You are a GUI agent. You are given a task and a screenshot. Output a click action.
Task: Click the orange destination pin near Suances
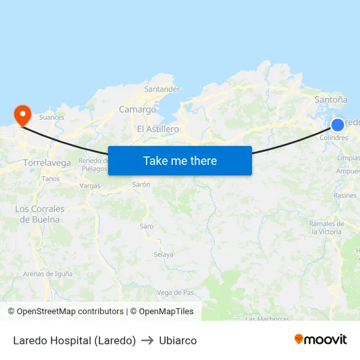coord(23,115)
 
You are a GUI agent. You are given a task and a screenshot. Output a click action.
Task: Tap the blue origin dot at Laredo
coord(337,125)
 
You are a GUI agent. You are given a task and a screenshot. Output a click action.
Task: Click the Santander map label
coord(162,89)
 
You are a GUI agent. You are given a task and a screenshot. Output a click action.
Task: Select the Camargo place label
coord(137,110)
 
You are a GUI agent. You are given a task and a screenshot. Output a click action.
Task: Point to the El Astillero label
coord(158,129)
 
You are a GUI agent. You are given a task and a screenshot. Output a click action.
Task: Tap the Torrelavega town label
coord(46,162)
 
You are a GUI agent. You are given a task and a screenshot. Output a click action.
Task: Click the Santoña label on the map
coord(331,99)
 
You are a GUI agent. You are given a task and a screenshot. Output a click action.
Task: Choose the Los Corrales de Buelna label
coord(40,214)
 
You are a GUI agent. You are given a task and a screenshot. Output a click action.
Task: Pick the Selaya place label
coord(163,255)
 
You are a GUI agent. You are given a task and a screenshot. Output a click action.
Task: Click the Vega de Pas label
coord(175,292)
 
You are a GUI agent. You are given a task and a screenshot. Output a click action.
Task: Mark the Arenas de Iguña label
coord(48,274)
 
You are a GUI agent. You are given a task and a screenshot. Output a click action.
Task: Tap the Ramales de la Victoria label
coord(326,228)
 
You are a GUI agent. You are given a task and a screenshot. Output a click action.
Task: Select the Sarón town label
coord(141,185)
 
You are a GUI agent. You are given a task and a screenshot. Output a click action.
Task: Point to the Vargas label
coord(90,186)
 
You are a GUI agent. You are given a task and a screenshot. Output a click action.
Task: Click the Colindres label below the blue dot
coord(334,138)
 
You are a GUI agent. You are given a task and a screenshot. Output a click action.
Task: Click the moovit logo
coord(320,339)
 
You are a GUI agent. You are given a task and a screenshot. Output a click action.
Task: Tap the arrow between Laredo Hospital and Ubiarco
coord(147,340)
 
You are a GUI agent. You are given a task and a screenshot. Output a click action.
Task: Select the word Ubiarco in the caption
coord(177,340)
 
